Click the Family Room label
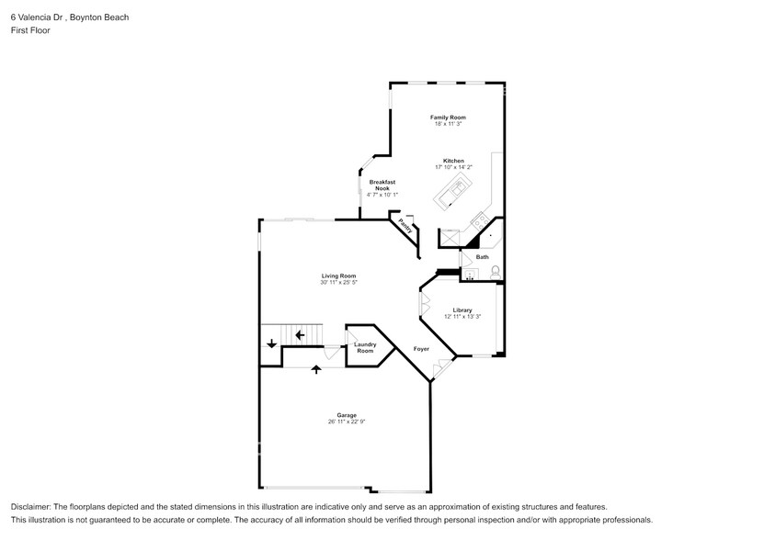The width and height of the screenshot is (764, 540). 449,118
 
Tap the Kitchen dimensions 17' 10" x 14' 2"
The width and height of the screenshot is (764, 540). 453,167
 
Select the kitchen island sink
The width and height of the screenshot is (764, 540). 453,191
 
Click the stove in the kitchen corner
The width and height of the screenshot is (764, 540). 479,221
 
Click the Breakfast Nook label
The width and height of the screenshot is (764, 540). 382,186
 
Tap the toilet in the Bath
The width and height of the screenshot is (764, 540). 496,271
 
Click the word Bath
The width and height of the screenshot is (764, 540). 482,257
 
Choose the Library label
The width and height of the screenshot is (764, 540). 462,309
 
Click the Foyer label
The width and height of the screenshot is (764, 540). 421,349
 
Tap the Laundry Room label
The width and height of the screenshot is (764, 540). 365,348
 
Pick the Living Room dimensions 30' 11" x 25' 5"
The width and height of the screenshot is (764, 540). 338,283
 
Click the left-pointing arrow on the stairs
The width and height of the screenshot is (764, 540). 300,334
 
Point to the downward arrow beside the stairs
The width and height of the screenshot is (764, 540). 271,344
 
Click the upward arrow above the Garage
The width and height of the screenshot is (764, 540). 317,369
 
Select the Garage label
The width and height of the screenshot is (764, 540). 346,415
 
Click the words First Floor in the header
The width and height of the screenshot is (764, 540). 30,30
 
